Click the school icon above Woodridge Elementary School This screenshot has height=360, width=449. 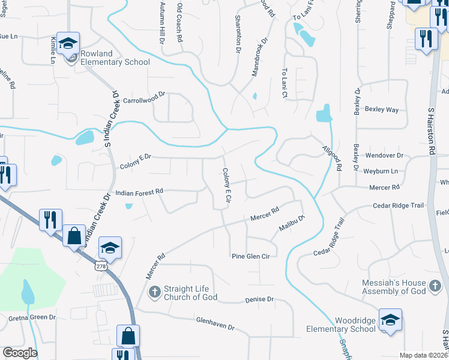tap(390, 319)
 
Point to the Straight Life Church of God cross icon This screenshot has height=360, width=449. tap(154, 292)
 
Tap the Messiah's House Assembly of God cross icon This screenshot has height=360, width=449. tap(436, 290)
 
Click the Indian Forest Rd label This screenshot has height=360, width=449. tap(139, 192)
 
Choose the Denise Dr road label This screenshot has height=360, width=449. tap(259, 299)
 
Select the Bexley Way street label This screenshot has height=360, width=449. tap(384, 110)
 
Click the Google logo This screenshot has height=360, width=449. tap(20, 353)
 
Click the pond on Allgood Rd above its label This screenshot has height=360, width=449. tap(324, 113)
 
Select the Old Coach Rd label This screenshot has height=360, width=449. tap(179, 21)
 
